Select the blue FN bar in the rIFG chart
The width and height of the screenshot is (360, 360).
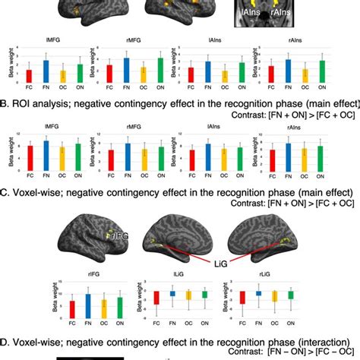click(x=89, y=304)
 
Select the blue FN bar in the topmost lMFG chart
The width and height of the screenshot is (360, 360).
click(x=45, y=71)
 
